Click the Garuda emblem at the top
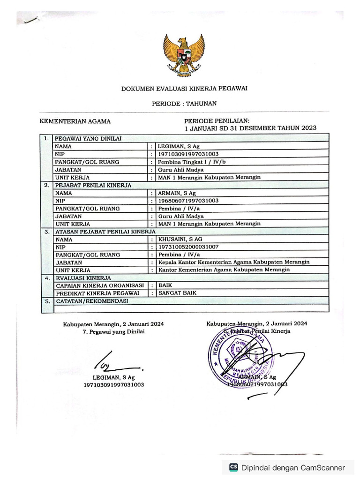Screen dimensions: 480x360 pyautogui.click(x=184, y=55)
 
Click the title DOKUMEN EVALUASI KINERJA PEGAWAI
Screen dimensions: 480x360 pyautogui.click(x=184, y=88)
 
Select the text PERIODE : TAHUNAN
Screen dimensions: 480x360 pyautogui.click(x=184, y=104)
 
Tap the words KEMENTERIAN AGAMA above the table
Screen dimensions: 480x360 pyautogui.click(x=75, y=121)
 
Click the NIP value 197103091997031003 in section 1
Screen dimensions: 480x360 pyautogui.click(x=188, y=154)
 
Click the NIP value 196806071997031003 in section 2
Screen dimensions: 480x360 pyautogui.click(x=188, y=201)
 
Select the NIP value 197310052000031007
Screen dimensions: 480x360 pyautogui.click(x=188, y=247)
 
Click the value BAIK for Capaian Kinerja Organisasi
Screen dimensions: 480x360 pyautogui.click(x=165, y=285)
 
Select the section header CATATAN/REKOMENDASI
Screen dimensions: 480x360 pyautogui.click(x=92, y=301)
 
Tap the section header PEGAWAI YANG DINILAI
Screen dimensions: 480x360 pyautogui.click(x=89, y=139)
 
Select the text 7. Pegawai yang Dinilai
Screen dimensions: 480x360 pyautogui.click(x=114, y=331)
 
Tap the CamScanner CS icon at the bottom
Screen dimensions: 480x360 pyautogui.click(x=233, y=467)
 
